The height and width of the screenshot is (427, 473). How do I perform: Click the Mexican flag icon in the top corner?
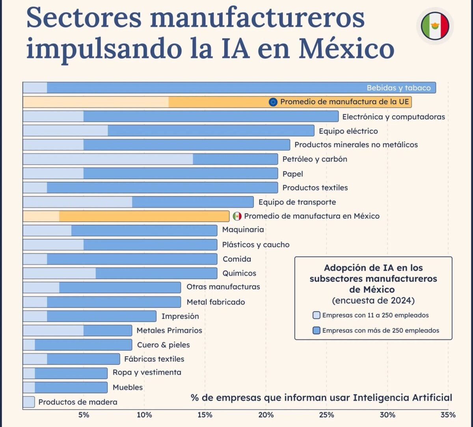click(435, 26)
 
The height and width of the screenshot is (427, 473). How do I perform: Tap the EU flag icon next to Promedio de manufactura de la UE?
click(273, 102)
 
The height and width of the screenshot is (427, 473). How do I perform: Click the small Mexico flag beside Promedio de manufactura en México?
click(237, 216)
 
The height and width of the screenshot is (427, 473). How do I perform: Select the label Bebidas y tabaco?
click(399, 88)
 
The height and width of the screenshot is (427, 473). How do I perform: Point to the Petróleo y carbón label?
click(315, 159)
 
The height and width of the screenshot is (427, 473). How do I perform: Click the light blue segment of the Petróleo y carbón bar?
click(108, 159)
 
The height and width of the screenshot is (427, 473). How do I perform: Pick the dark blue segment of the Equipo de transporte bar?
click(192, 202)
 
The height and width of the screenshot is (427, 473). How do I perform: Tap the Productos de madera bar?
click(28, 402)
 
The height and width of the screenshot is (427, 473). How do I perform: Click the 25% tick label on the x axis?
click(326, 415)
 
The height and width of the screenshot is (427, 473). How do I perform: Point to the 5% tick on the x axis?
click(84, 415)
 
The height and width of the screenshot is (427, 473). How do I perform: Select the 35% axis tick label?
click(448, 415)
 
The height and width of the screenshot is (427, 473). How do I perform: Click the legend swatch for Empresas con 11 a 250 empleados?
click(316, 315)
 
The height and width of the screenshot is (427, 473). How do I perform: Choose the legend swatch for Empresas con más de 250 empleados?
click(316, 330)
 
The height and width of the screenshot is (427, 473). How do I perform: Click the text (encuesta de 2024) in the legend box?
click(373, 301)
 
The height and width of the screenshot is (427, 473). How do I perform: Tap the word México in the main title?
click(346, 49)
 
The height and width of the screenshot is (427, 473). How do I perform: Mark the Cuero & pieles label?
click(163, 345)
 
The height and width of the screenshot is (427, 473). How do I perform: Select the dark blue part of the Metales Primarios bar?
click(108, 330)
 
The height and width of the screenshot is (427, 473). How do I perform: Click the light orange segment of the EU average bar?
click(95, 102)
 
